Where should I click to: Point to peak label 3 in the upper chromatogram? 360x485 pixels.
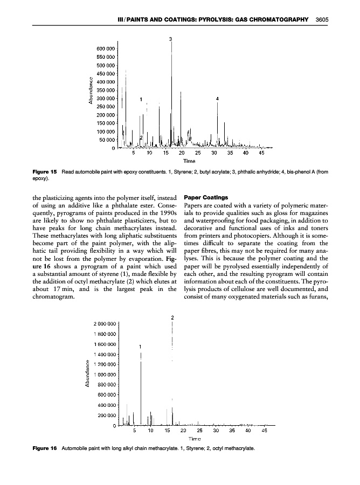tap(171, 39)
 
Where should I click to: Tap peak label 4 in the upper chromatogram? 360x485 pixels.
tap(217, 99)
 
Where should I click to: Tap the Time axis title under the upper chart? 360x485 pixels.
tap(189, 161)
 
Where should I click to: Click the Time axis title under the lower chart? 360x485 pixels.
tap(188, 439)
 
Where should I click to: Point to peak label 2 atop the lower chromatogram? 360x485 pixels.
tap(172, 317)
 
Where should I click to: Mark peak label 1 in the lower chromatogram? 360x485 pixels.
tap(140, 346)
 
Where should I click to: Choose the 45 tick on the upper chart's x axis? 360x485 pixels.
tap(262, 153)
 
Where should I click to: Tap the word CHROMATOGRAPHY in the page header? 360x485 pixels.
tap(276, 19)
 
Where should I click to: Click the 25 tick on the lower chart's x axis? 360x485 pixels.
tap(199, 431)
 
